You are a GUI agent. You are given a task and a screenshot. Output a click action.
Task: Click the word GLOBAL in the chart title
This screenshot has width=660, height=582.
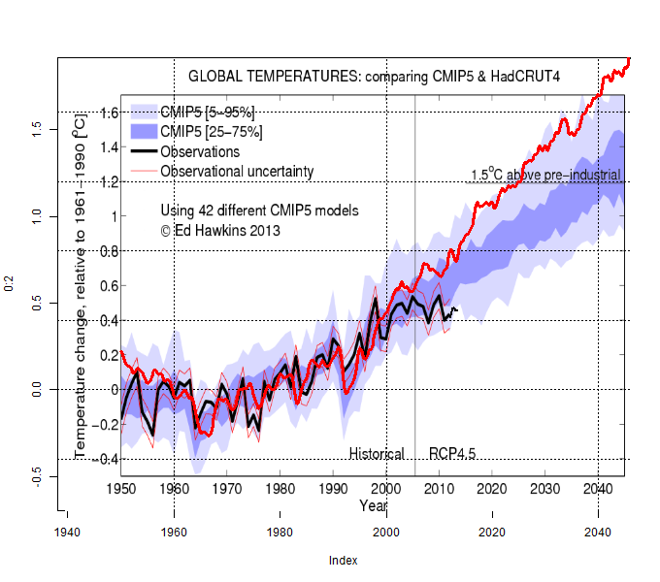pyautogui.click(x=214, y=75)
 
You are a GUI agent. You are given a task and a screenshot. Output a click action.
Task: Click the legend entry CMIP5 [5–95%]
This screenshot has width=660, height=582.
pyautogui.click(x=207, y=113)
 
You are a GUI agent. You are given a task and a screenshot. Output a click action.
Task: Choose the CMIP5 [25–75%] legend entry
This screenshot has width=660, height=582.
pyautogui.click(x=211, y=132)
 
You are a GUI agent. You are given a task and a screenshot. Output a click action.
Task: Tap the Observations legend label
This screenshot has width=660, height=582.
pyautogui.click(x=200, y=151)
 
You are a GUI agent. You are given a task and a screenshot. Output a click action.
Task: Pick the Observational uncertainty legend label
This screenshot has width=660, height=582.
pyautogui.click(x=237, y=171)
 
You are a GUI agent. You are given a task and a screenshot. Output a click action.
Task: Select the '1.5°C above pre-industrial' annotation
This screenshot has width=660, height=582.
pyautogui.click(x=544, y=176)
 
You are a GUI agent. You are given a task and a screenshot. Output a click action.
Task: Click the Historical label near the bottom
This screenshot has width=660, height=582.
pyautogui.click(x=377, y=454)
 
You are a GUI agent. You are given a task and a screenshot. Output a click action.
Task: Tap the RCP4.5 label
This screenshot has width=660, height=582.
pyautogui.click(x=451, y=454)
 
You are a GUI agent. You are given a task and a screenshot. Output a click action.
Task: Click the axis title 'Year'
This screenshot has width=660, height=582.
pyautogui.click(x=373, y=505)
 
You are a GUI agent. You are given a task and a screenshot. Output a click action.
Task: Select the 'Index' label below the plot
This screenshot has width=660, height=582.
pyautogui.click(x=343, y=561)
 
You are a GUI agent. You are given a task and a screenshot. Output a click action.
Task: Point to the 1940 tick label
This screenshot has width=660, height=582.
pyautogui.click(x=67, y=533)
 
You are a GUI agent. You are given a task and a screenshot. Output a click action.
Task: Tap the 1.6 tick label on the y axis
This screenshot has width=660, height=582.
pyautogui.click(x=109, y=113)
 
